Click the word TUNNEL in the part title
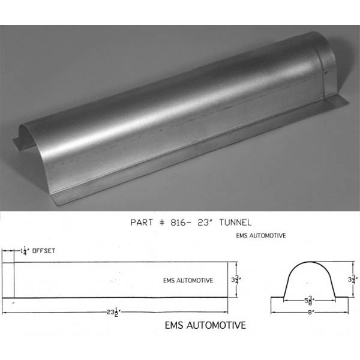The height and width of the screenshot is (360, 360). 235,222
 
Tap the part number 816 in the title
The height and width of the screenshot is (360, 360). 178,222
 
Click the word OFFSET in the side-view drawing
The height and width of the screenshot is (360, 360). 44,251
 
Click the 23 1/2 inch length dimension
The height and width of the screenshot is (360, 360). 113,312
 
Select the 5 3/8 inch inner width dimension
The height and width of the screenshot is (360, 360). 309,300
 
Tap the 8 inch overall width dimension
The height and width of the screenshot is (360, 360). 310,312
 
